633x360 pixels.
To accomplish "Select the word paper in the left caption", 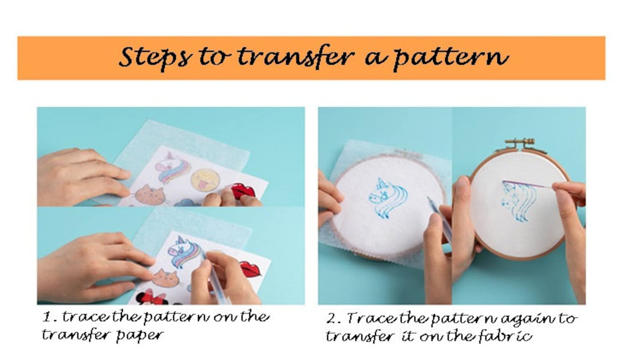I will coord(139,334).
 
